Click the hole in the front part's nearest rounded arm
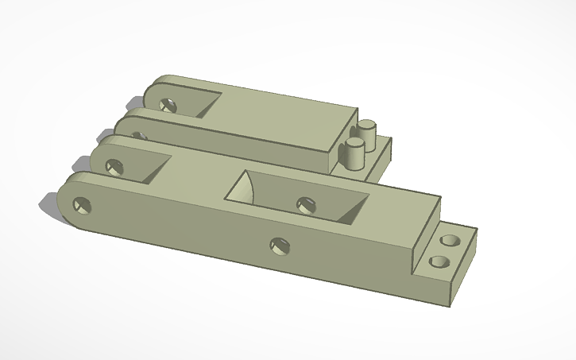(x=82, y=206)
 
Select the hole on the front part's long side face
(x=279, y=246)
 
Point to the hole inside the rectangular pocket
(x=306, y=204)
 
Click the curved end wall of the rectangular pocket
(x=243, y=188)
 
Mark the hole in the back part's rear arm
(x=168, y=104)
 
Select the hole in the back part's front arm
(x=139, y=135)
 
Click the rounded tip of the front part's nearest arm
(x=65, y=203)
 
